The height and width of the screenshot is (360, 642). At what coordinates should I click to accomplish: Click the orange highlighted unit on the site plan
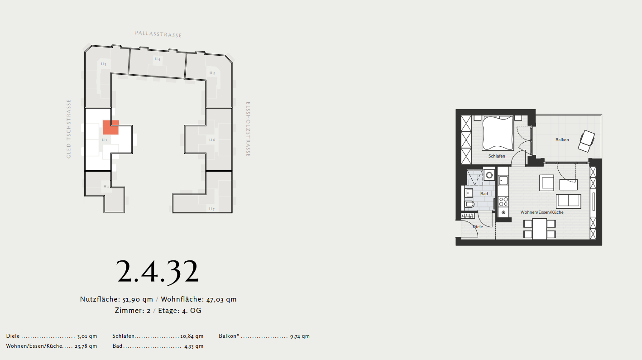tap(110, 127)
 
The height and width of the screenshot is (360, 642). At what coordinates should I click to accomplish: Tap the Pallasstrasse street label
tap(158, 34)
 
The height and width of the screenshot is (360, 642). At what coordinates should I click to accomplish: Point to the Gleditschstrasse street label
tap(68, 129)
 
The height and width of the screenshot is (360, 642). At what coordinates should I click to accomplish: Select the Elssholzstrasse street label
tap(248, 129)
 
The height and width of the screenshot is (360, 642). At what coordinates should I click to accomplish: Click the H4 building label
tap(158, 59)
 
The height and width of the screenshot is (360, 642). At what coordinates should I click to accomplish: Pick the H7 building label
tap(212, 209)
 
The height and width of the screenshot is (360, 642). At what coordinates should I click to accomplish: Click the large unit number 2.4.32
tap(158, 271)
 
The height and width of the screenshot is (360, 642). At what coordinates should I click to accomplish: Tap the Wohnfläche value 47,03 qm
tap(221, 299)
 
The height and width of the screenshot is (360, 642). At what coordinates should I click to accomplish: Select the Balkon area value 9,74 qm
tap(300, 336)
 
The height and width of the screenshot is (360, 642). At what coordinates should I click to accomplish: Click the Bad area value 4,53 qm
tap(194, 346)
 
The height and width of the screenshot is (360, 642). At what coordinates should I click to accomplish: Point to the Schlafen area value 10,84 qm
tap(192, 336)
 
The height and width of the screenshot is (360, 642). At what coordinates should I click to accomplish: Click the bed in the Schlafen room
tap(498, 133)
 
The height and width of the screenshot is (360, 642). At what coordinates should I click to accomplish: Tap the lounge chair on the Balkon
tap(586, 141)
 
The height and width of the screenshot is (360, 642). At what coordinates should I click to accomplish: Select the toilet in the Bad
tap(469, 204)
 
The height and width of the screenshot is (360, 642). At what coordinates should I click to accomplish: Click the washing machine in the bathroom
tap(489, 175)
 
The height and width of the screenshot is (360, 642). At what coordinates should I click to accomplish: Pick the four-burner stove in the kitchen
tap(503, 202)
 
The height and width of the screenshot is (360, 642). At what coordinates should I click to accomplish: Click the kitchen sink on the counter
tap(503, 181)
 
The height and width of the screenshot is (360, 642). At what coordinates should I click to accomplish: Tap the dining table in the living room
tap(539, 229)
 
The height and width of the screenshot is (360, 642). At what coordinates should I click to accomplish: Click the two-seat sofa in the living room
tap(569, 201)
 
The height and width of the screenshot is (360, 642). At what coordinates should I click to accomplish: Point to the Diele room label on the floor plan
tap(478, 227)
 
